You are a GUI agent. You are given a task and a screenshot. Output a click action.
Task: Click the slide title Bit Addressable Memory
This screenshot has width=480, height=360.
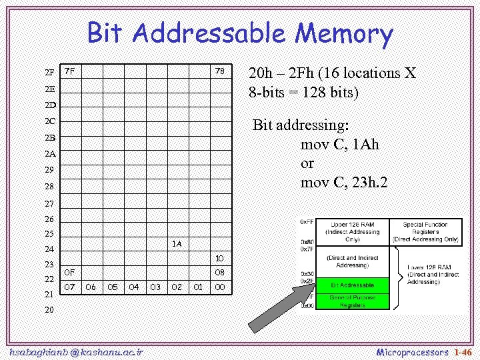(x=240, y=33)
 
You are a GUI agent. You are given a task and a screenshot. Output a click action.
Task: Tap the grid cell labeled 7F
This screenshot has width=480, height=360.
(x=69, y=71)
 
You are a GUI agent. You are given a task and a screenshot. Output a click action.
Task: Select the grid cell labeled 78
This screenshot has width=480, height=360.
(x=219, y=71)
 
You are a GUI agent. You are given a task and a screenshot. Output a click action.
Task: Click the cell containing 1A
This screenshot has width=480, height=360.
(x=176, y=244)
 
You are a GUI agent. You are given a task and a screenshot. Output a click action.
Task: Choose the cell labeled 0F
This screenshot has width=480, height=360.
(x=69, y=273)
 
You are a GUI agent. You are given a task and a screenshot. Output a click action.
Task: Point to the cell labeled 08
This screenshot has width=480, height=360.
(x=219, y=273)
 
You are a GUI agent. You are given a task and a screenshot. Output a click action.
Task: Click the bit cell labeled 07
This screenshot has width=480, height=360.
(x=69, y=287)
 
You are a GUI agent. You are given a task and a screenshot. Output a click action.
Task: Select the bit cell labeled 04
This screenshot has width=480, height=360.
(x=133, y=287)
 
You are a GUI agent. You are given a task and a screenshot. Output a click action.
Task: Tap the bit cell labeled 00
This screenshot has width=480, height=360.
(x=219, y=287)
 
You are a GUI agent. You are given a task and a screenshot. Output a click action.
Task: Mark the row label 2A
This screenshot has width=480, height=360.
(x=50, y=154)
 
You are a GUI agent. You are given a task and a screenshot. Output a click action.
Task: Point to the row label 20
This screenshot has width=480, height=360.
(x=50, y=310)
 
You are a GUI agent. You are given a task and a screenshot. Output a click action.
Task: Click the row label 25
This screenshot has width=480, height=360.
(x=50, y=234)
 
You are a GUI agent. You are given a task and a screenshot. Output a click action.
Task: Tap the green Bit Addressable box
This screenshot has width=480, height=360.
(x=353, y=285)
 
